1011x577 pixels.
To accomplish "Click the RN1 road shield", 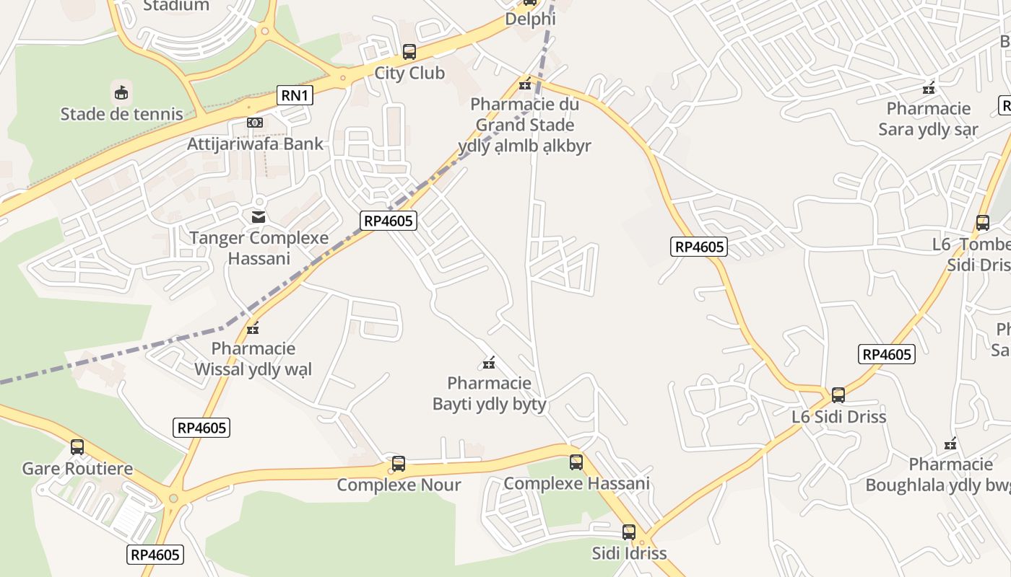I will [x=295, y=95].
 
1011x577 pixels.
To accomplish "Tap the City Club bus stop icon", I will [x=409, y=52].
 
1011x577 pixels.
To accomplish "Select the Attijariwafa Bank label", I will [x=256, y=144].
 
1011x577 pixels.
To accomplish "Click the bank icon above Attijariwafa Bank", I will [x=254, y=123].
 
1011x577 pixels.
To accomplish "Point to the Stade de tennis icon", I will [x=121, y=92].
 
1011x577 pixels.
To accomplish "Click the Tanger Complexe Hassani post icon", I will [x=258, y=216].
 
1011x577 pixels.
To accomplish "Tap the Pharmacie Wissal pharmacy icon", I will [x=253, y=329].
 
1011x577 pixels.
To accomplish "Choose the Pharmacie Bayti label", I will [x=489, y=393].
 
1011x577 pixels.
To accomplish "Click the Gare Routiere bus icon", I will [x=77, y=447].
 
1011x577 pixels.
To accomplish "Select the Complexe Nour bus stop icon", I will [x=398, y=464].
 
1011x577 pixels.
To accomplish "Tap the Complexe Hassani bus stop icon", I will [x=576, y=462].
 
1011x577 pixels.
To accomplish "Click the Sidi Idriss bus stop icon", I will [x=629, y=532].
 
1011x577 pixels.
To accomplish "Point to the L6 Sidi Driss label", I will [x=838, y=417].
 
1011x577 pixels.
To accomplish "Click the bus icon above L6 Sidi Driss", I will [x=838, y=395].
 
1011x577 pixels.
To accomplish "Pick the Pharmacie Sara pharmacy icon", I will [x=929, y=88].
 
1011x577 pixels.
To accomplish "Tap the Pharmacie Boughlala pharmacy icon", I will [x=950, y=444].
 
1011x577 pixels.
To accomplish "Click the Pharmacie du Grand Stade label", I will [x=525, y=125].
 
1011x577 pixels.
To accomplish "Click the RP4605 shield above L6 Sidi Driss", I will [x=887, y=354].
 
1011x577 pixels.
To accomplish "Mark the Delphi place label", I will [x=530, y=19].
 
